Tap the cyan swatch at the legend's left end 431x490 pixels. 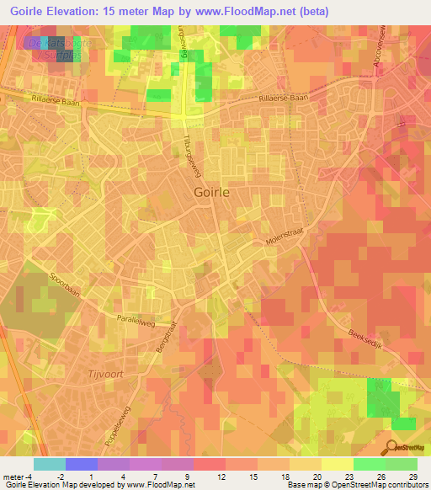(x=49, y=464)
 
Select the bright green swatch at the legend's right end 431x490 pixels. (x=402, y=464)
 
